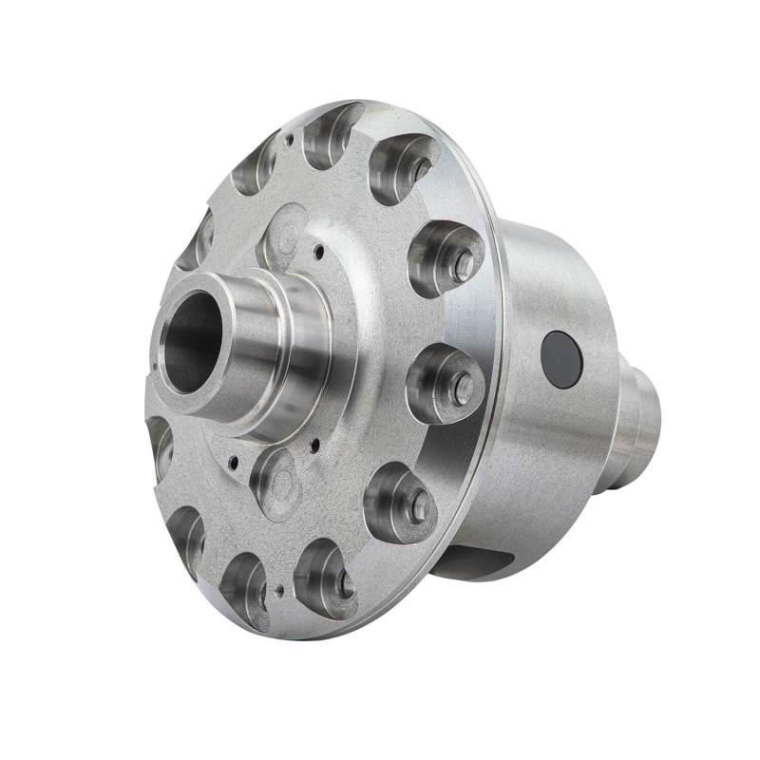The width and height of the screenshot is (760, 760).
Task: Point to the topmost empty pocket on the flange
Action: (x=330, y=134)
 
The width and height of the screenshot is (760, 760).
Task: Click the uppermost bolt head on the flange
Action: (x=419, y=170)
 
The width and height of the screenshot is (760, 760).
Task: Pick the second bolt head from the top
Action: (x=463, y=267)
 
